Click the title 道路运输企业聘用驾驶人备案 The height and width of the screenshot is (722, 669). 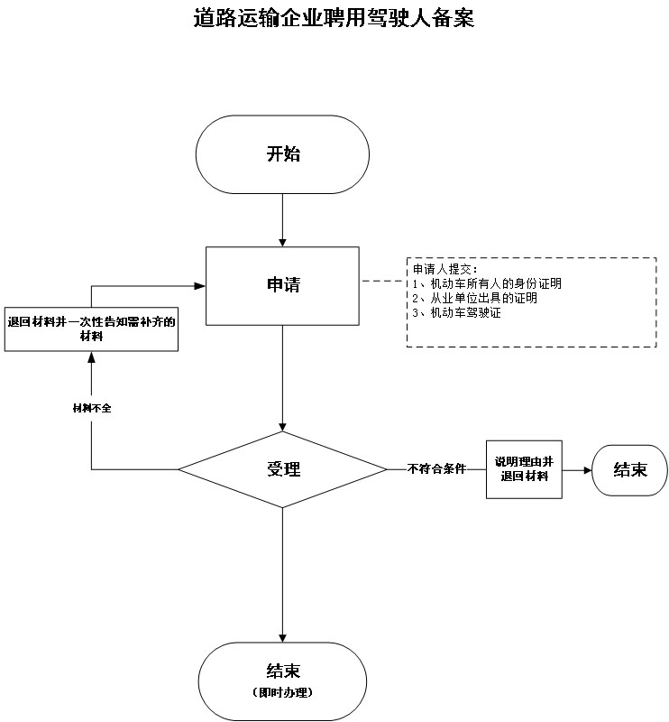pos(334,18)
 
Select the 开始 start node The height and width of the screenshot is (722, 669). pos(283,154)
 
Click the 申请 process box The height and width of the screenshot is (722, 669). pos(283,285)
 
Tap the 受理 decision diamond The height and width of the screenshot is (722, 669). pos(283,469)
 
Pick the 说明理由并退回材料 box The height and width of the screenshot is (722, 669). pos(524,469)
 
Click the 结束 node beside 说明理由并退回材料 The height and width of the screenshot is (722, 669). pos(630,469)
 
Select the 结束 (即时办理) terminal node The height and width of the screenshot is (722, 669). pos(283,680)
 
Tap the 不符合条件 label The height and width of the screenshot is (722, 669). pos(435,469)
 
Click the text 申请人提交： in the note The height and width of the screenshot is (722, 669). pos(444,270)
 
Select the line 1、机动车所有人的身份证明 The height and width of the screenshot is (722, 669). pos(487,283)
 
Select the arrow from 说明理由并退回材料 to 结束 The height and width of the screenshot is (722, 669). pos(576,469)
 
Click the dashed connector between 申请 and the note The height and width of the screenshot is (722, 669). pos(382,282)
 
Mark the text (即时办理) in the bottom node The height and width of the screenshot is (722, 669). pos(283,692)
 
